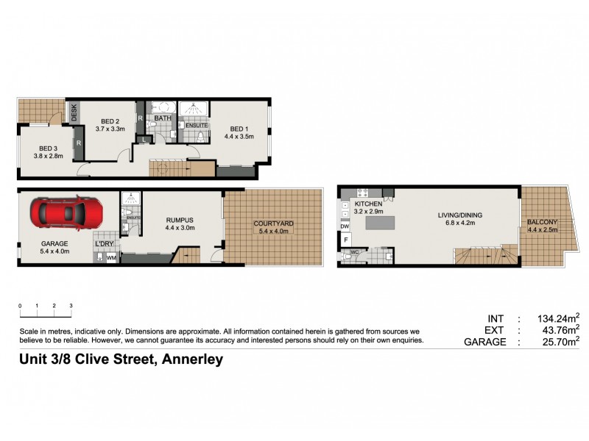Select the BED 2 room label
pos(110,121)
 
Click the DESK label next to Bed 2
pos(74,112)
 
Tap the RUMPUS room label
pos(179,219)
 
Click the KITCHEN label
pos(367,204)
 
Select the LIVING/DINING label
pos(459,215)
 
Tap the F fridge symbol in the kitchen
pos(345,240)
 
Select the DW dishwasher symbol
pos(345,227)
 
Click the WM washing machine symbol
pos(112,258)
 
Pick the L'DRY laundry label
pos(102,244)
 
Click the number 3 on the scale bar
pos(71,305)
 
